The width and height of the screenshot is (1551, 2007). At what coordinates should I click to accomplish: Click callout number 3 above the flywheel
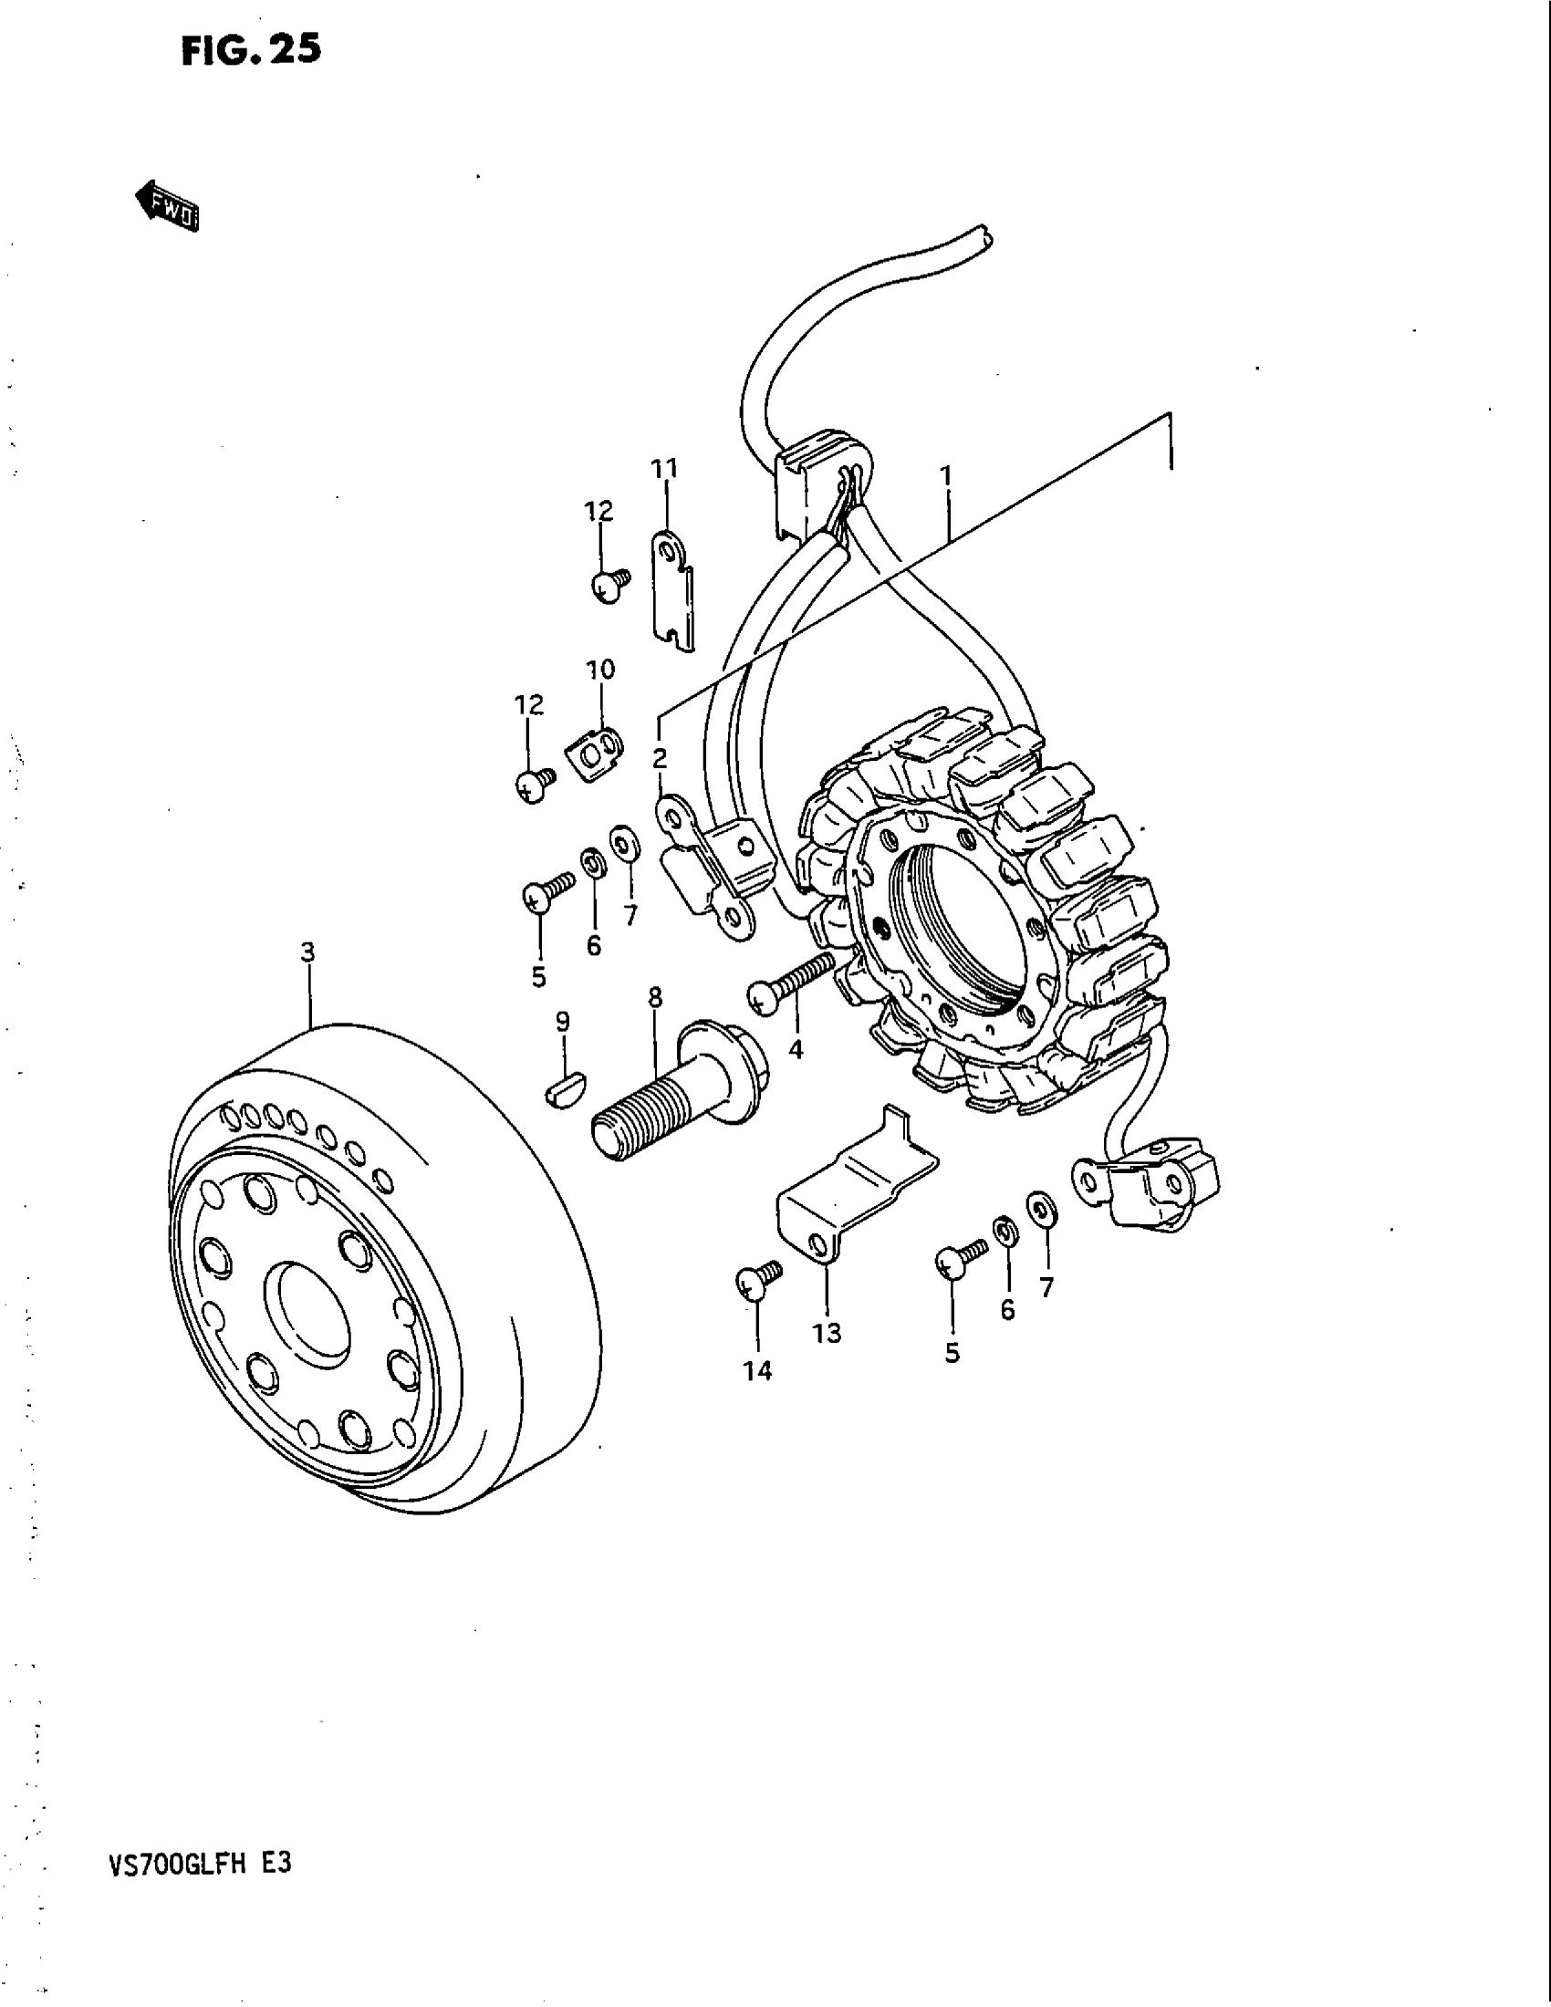[x=307, y=952]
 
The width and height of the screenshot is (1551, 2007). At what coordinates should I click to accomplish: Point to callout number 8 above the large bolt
[x=654, y=997]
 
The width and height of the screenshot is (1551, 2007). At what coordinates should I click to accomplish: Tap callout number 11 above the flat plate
[x=664, y=469]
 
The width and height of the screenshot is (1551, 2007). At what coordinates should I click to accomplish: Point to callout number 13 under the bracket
[x=827, y=1332]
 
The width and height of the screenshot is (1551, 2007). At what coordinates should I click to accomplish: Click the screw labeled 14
[x=756, y=1280]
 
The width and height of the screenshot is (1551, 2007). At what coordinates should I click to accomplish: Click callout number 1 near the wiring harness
[x=945, y=476]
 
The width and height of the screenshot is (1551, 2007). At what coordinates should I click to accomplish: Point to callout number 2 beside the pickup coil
[x=660, y=758]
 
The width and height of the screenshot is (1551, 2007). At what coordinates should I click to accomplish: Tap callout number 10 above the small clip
[x=600, y=670]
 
